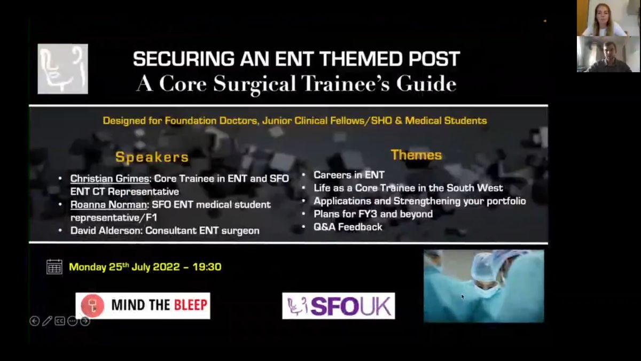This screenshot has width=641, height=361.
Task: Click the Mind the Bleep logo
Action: click(143, 306)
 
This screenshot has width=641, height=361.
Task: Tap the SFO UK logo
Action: click(339, 306)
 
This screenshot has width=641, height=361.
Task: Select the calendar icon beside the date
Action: click(54, 267)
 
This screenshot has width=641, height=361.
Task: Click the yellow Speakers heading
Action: click(152, 157)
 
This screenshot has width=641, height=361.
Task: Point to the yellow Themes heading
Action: click(416, 155)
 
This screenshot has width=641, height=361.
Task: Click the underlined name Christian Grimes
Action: click(110, 179)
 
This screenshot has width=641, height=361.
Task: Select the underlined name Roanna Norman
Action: click(108, 204)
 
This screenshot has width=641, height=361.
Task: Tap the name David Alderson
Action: click(106, 231)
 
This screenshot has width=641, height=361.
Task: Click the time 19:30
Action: click(207, 267)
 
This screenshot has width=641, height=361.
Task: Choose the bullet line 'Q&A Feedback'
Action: click(348, 227)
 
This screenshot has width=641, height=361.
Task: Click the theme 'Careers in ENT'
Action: click(349, 175)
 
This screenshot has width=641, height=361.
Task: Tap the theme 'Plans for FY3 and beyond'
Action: click(373, 214)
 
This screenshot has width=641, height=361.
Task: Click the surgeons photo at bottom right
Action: click(483, 286)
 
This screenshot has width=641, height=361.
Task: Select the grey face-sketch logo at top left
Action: click(62, 69)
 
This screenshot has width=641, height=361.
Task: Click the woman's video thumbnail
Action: click(608, 18)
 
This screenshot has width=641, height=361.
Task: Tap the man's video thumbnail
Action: click(608, 54)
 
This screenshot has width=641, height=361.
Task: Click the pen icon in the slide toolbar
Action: click(47, 321)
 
